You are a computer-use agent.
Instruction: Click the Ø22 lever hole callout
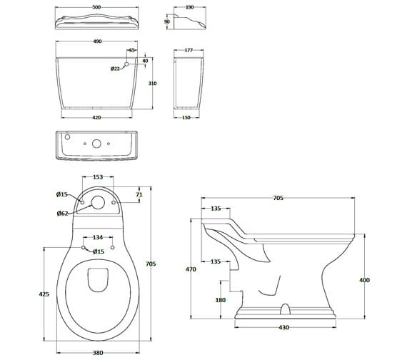click(x=115, y=69)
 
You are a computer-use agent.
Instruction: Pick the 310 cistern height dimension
click(x=153, y=83)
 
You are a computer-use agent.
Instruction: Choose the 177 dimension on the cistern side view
click(x=189, y=51)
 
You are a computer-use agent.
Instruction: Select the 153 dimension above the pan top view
click(x=99, y=178)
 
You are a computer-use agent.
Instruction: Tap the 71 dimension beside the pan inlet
click(x=140, y=194)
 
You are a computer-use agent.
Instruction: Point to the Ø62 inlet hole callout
click(x=62, y=213)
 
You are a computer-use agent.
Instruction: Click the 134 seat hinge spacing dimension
click(x=99, y=238)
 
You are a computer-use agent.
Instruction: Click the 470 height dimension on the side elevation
click(x=190, y=270)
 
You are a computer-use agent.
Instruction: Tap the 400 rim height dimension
click(x=364, y=281)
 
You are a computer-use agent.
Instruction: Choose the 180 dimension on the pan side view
click(x=221, y=300)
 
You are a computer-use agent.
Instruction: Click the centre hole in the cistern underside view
click(x=96, y=143)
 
